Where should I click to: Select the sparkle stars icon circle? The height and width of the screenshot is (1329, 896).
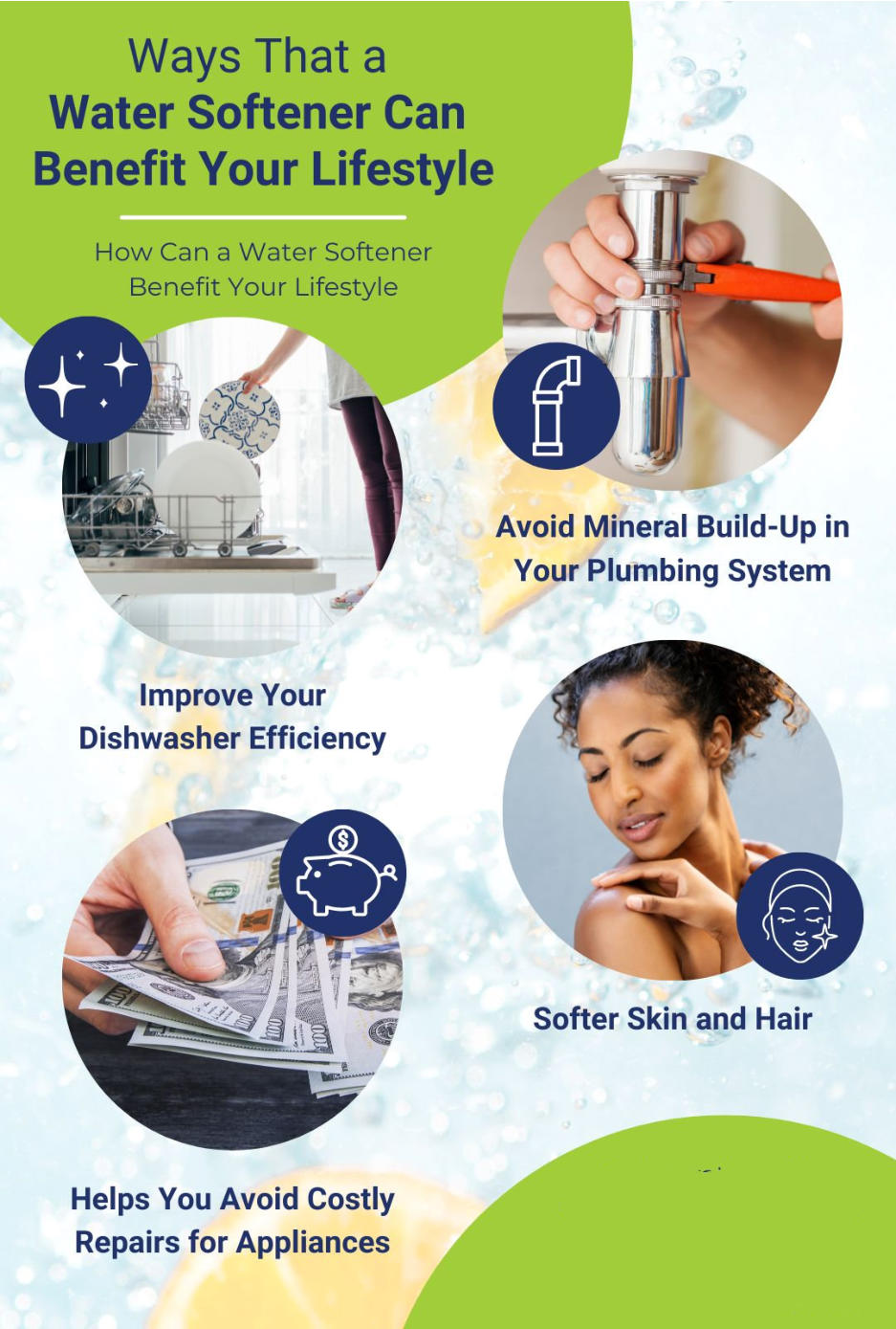(x=88, y=380)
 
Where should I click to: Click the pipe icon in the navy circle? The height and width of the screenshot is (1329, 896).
(x=556, y=406)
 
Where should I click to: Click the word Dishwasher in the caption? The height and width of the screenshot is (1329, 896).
(x=159, y=739)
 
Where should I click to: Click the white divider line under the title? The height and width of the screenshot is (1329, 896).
(x=263, y=218)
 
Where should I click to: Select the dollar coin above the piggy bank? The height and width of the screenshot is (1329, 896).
(x=342, y=839)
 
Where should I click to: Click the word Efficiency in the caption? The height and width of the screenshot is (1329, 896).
(x=317, y=739)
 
